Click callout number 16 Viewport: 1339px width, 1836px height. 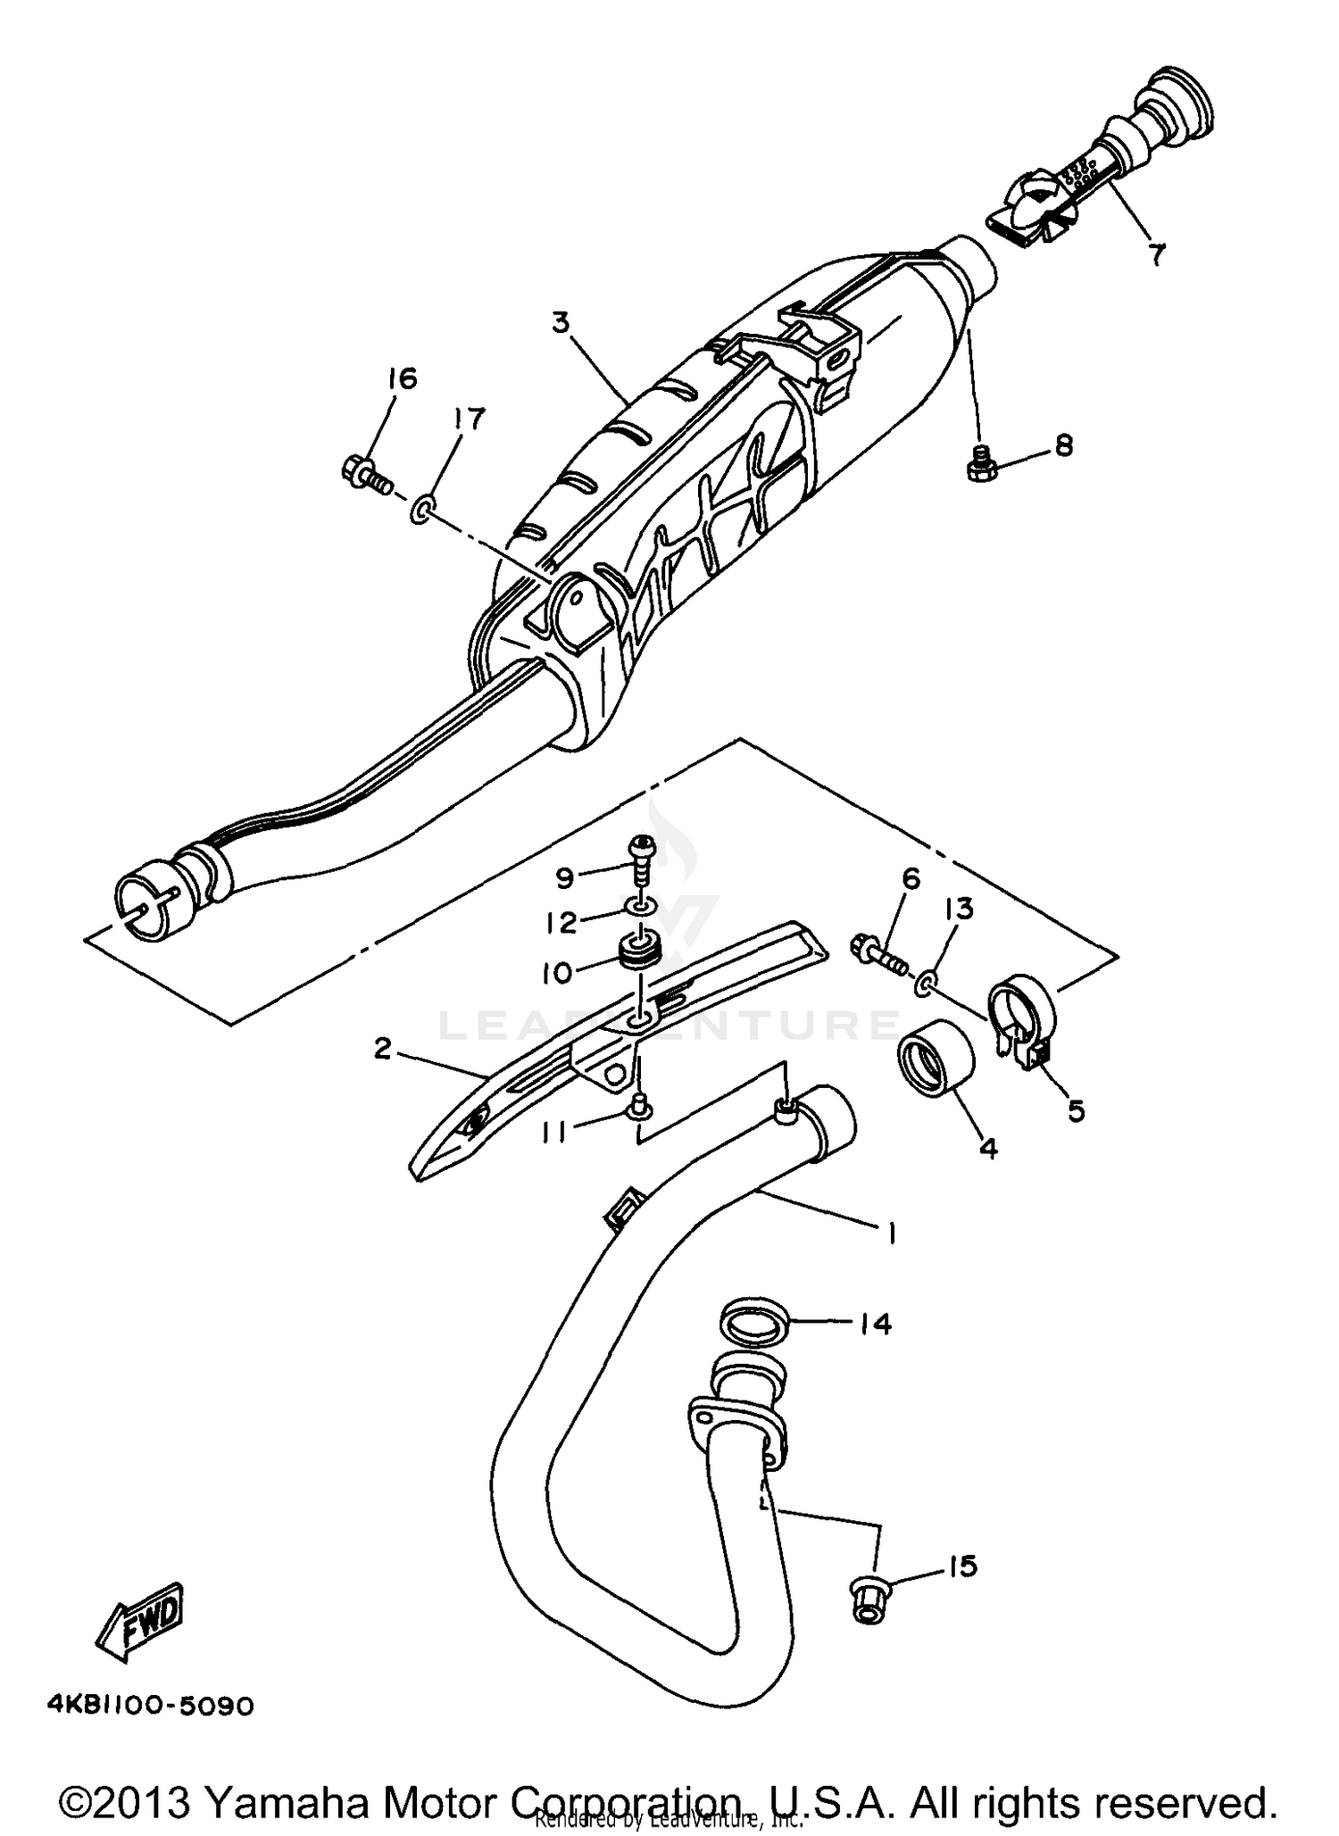[402, 379]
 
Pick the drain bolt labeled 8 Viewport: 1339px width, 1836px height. [981, 463]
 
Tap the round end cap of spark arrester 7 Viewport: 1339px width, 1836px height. [1178, 103]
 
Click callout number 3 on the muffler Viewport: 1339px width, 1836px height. [560, 321]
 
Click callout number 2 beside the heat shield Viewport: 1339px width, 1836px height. [383, 1049]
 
